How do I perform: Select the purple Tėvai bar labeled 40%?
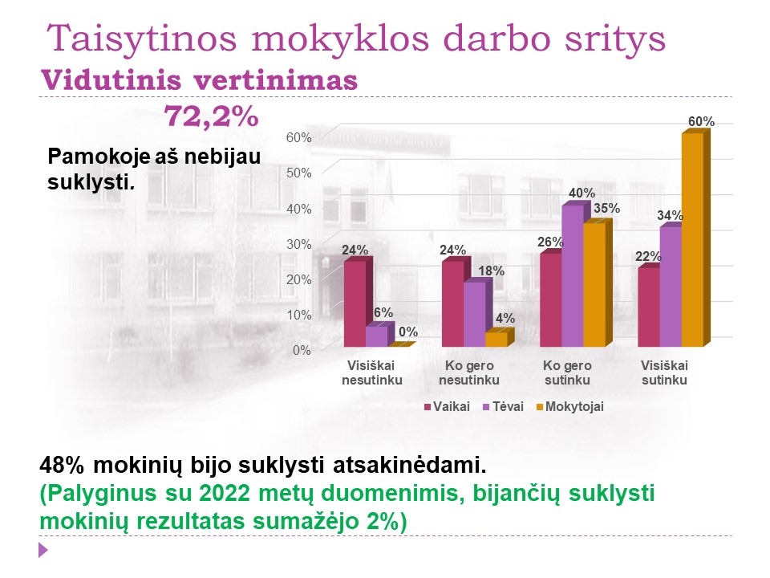573,275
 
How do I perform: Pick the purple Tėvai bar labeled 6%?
377,336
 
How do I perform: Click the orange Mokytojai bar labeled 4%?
498,339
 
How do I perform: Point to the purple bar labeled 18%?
474,314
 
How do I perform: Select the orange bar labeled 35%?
597,284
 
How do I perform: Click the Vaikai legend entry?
447,407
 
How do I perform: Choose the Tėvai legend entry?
504,407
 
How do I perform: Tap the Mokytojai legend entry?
569,407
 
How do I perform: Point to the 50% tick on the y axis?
298,173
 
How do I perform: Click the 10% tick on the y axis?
298,315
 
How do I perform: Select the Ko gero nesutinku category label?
469,372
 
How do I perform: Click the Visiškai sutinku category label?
664,372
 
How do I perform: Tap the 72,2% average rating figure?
211,116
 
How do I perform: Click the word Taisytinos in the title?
141,39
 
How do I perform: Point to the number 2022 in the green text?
225,493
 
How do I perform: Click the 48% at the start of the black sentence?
62,465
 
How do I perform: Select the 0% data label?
408,332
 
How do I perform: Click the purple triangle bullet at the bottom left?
43,549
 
